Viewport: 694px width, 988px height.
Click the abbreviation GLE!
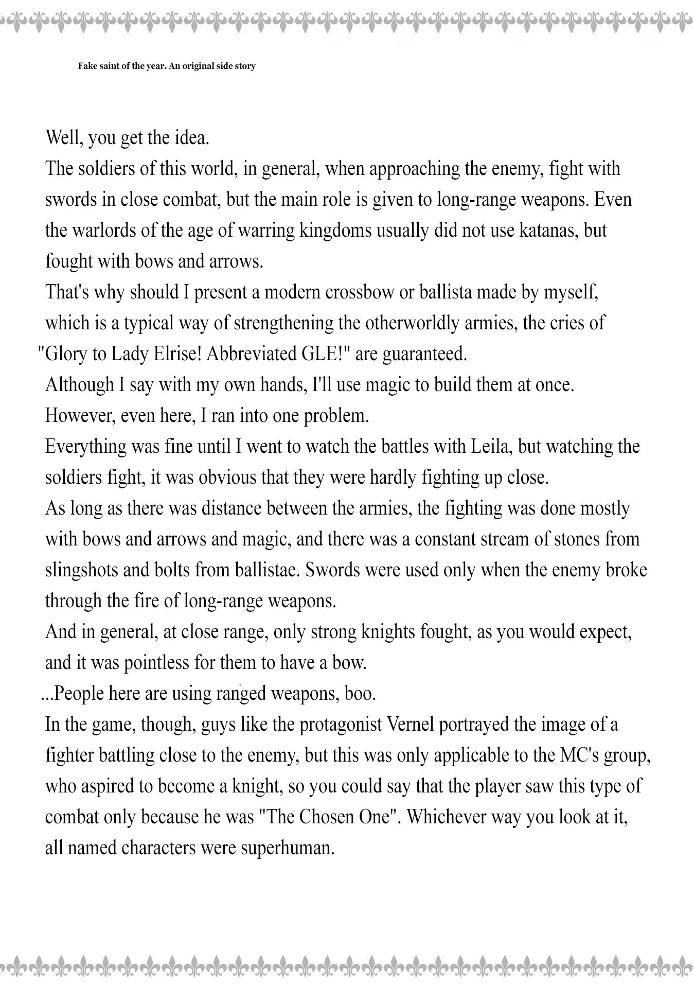tap(318, 354)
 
